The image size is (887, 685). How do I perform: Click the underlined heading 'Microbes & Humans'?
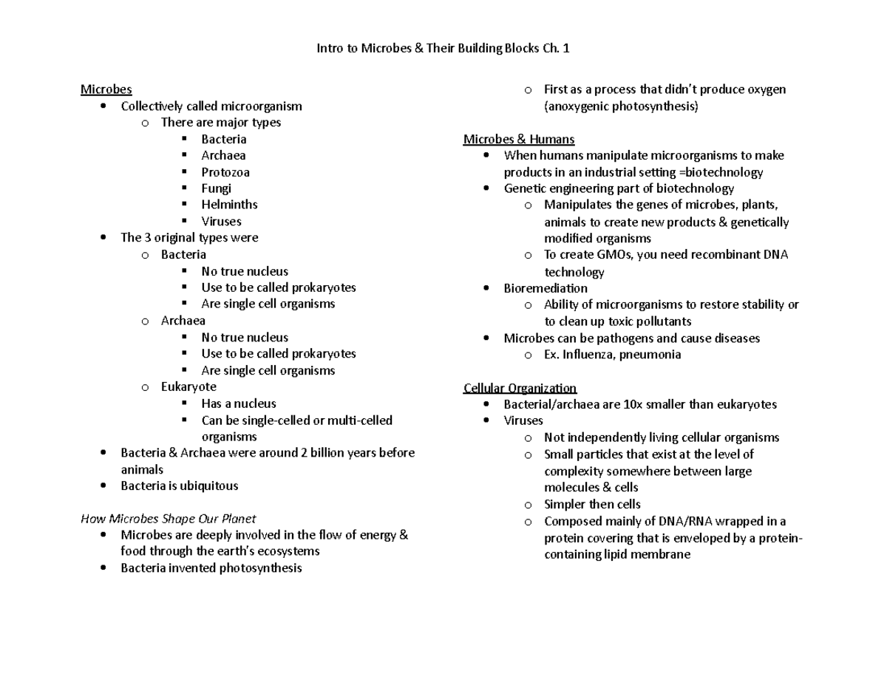519,139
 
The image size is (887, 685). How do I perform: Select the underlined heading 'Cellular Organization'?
520,388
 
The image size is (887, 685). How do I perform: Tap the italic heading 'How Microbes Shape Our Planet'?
168,519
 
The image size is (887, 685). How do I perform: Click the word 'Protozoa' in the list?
225,172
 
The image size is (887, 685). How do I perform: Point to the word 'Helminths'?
229,205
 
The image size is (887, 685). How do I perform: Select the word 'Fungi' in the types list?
216,188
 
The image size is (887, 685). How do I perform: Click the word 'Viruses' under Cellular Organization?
523,420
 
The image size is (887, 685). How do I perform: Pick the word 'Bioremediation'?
546,288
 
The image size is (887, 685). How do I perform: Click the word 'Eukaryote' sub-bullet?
188,387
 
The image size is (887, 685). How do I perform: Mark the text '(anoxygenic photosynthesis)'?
621,106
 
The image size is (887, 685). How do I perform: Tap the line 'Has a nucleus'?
239,403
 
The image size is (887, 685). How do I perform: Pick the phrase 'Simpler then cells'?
591,504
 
